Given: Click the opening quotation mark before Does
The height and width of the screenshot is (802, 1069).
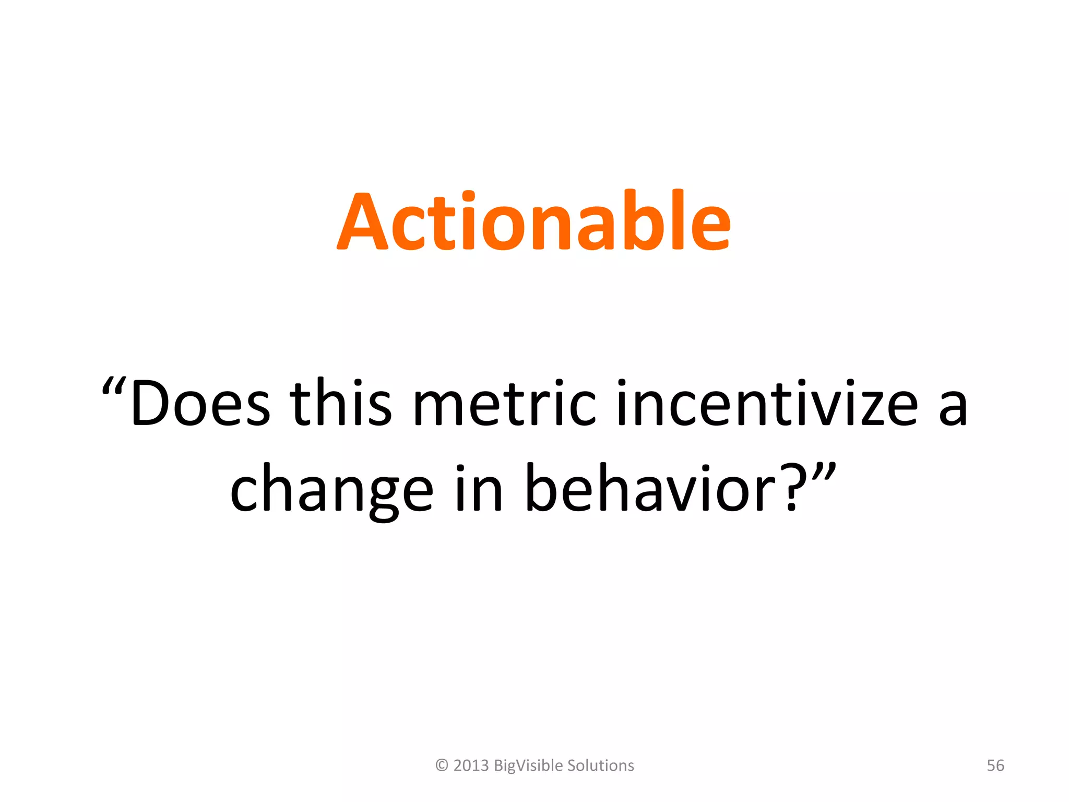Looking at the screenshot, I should click(x=113, y=389).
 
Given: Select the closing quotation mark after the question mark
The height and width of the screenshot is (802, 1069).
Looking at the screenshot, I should click(x=824, y=473).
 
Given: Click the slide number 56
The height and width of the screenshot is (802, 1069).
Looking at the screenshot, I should click(x=995, y=765).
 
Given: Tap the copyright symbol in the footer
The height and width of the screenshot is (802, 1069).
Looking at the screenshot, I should click(x=442, y=765).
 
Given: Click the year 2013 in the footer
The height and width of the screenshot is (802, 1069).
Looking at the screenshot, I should click(x=471, y=765).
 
